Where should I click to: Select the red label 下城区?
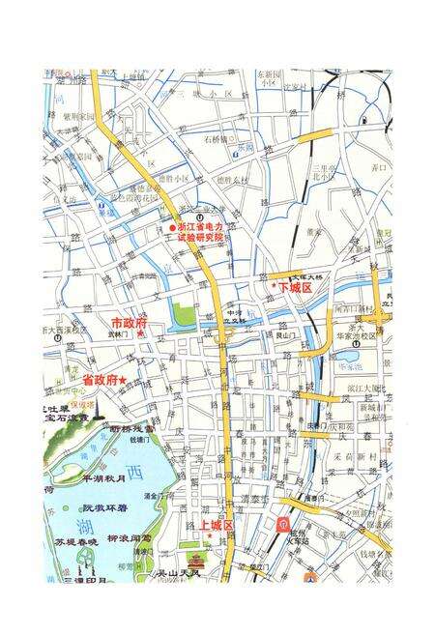pos(294,288)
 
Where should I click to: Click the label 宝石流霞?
pos(61,419)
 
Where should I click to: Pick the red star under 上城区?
pos(208,535)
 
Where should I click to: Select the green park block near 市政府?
pos(183,315)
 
